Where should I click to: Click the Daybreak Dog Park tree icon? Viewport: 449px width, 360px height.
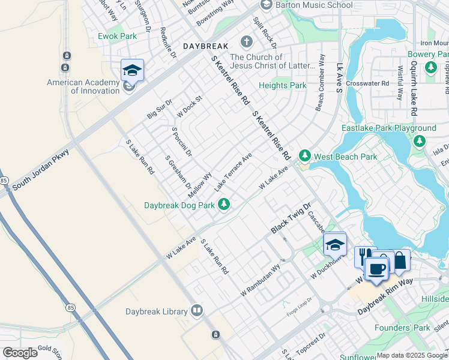(224, 205)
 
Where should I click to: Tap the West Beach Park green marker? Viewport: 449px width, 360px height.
(305, 157)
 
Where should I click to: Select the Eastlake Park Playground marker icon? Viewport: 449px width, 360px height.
(420, 141)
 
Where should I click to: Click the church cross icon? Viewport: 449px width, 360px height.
(246, 42)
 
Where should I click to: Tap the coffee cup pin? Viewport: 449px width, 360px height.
(376, 269)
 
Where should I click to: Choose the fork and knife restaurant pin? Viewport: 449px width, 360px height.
(364, 257)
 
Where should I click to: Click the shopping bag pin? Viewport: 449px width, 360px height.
(400, 260)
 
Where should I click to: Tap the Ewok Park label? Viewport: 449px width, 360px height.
(117, 36)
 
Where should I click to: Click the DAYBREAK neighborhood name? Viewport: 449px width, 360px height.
(205, 46)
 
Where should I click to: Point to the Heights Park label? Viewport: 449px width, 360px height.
(282, 86)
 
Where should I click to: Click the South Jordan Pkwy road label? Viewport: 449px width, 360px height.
(41, 170)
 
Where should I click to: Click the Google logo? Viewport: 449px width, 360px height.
(20, 353)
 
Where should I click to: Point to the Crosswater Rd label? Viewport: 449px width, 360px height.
(372, 83)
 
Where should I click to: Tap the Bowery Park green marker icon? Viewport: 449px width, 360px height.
(430, 68)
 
